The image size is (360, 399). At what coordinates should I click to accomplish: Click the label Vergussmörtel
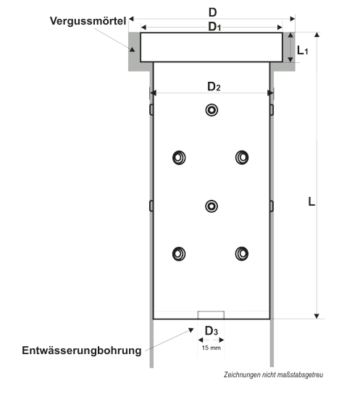(88, 21)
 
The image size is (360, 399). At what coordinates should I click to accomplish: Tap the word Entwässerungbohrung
(81, 350)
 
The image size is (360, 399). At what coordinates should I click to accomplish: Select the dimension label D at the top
(212, 12)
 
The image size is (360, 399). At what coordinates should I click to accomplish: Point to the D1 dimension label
(214, 27)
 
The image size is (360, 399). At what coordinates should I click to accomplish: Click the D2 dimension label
(214, 86)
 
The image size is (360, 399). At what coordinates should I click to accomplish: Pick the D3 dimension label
(212, 331)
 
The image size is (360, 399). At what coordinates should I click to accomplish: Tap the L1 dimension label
(303, 51)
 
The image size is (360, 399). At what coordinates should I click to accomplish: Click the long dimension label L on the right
(311, 202)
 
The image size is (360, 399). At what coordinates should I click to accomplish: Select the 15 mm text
(211, 348)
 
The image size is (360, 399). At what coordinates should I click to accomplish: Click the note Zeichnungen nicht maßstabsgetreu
(273, 375)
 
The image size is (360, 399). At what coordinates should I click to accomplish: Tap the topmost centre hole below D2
(212, 110)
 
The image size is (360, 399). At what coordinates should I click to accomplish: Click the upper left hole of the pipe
(179, 158)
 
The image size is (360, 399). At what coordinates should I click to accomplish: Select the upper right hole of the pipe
(242, 158)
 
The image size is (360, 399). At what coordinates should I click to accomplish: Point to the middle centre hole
(212, 206)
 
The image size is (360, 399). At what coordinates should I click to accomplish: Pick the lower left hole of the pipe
(179, 253)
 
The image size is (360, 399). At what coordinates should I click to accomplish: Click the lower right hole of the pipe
(242, 253)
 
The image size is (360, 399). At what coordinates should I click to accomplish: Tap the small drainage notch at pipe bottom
(211, 315)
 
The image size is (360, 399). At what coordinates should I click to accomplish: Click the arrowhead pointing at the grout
(132, 49)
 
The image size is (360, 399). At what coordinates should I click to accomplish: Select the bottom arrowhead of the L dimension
(317, 316)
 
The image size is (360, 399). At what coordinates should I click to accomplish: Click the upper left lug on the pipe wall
(151, 109)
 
